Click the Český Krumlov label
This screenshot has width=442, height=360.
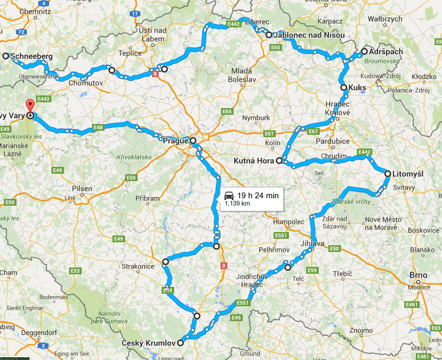tap(148, 343)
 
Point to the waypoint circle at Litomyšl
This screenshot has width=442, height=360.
tap(388, 173)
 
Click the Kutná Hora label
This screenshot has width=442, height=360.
tap(254, 161)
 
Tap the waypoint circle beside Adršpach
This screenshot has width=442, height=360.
tap(364, 52)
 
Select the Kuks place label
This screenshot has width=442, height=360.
tap(358, 87)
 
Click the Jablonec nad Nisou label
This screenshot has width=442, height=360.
tap(309, 35)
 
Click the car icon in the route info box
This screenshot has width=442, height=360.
tap(229, 195)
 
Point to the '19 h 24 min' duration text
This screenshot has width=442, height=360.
tap(259, 195)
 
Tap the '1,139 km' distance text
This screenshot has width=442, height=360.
tap(237, 203)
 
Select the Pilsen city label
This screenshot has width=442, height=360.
tap(82, 189)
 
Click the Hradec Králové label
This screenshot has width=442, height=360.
tap(337, 109)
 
